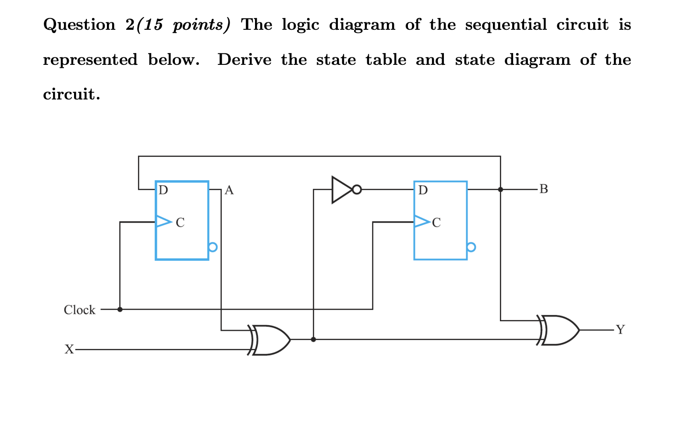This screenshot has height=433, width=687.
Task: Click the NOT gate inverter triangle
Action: tap(341, 190)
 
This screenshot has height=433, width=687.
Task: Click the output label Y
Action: tap(620, 330)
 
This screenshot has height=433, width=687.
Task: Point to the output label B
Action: tap(544, 189)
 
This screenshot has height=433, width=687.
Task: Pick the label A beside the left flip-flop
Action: tap(229, 190)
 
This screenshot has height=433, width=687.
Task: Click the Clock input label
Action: tap(79, 310)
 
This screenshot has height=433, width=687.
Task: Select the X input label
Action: tap(69, 349)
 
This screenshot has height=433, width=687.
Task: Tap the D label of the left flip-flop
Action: tap(163, 190)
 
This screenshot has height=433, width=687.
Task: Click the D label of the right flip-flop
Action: tap(423, 190)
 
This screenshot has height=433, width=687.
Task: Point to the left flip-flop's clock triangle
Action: tap(163, 222)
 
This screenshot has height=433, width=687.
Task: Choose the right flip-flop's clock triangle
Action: tap(422, 222)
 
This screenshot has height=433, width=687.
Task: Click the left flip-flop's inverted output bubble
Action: tap(212, 247)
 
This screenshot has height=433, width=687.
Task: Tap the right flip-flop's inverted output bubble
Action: tap(471, 247)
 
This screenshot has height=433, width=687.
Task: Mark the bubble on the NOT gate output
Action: tap(357, 190)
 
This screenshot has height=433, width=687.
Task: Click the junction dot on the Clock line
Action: tap(120, 309)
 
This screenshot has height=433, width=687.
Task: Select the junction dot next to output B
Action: tap(500, 189)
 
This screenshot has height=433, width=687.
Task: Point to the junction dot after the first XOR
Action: tap(313, 340)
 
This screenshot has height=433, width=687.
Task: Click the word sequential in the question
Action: tap(506, 25)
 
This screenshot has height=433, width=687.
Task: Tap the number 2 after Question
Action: tap(130, 25)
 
